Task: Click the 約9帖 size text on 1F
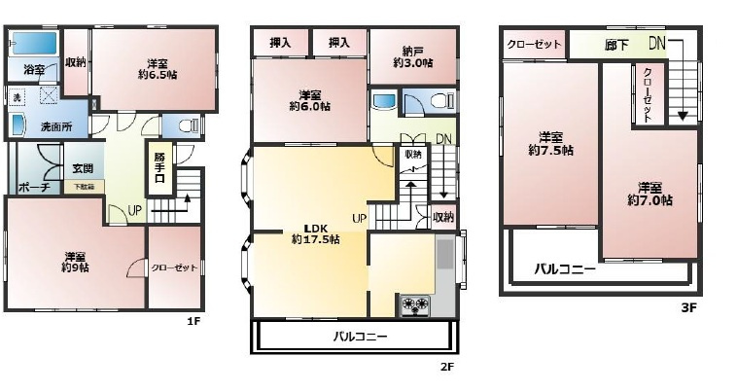(76, 266)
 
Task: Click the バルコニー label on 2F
(360, 337)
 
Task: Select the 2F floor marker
(446, 367)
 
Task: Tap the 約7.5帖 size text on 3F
(550, 151)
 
